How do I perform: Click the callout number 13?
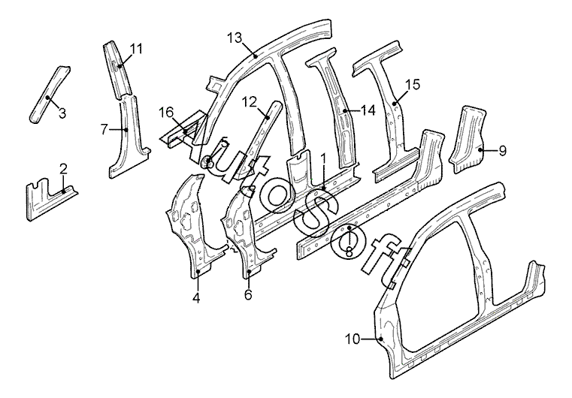(235, 38)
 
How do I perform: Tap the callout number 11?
(137, 49)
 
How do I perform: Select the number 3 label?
(62, 113)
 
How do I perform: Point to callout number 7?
(104, 129)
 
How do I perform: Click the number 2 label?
(63, 169)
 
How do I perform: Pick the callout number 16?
(166, 112)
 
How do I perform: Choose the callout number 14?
(368, 110)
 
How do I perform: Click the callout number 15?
(413, 85)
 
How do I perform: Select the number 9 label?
(502, 150)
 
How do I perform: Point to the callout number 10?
(353, 339)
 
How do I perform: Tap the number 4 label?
(196, 298)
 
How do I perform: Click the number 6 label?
(248, 294)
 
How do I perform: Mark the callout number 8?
(349, 252)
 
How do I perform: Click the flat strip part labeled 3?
(50, 95)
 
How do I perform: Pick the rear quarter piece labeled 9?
(467, 140)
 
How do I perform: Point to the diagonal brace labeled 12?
(259, 138)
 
